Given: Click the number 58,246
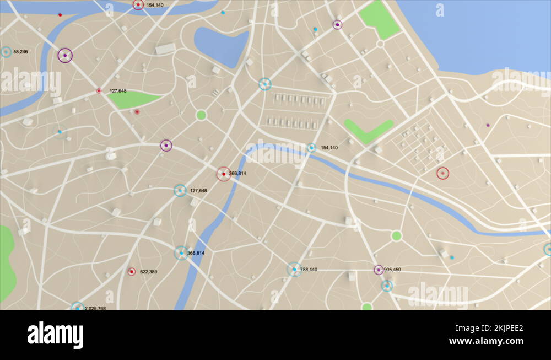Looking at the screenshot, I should click(20, 52).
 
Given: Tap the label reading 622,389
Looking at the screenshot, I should click(148, 272).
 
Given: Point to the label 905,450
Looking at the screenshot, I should click(392, 270).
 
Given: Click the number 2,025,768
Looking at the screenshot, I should click(95, 308).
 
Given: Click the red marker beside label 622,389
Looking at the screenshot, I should click(132, 272).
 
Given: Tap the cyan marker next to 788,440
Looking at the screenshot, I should click(294, 270).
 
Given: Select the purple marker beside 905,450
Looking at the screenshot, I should click(379, 270).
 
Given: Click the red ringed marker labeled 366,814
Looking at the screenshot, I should click(223, 174).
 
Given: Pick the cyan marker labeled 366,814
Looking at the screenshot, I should click(181, 253).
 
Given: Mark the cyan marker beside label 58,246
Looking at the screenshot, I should click(6, 52).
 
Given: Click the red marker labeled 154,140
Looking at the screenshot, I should click(138, 5).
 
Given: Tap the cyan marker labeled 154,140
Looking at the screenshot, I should click(311, 148).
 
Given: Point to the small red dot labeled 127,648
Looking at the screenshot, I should click(99, 91).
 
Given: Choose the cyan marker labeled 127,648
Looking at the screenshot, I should click(180, 191).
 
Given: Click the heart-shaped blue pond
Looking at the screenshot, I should click(220, 45).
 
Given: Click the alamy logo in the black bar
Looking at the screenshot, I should click(55, 335).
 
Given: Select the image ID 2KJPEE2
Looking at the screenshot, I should click(501, 328).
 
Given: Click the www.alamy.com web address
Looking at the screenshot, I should click(486, 341).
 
